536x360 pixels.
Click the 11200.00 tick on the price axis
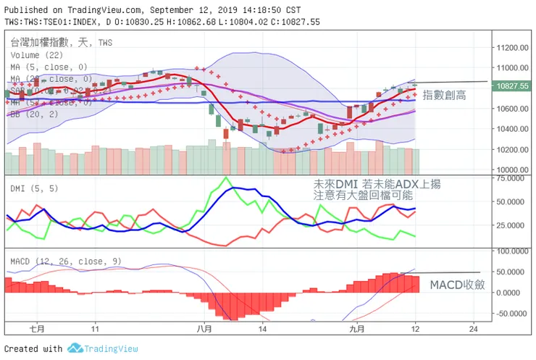(512, 47)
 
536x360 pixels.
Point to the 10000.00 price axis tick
(512, 169)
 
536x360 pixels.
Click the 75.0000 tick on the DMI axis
(511, 177)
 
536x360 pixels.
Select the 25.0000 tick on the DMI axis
(511, 225)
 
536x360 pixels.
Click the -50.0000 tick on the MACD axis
(511, 314)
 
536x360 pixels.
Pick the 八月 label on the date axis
(204, 328)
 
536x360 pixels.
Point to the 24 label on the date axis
(474, 328)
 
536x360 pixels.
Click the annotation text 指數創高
(445, 94)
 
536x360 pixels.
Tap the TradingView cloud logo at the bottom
(74, 348)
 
